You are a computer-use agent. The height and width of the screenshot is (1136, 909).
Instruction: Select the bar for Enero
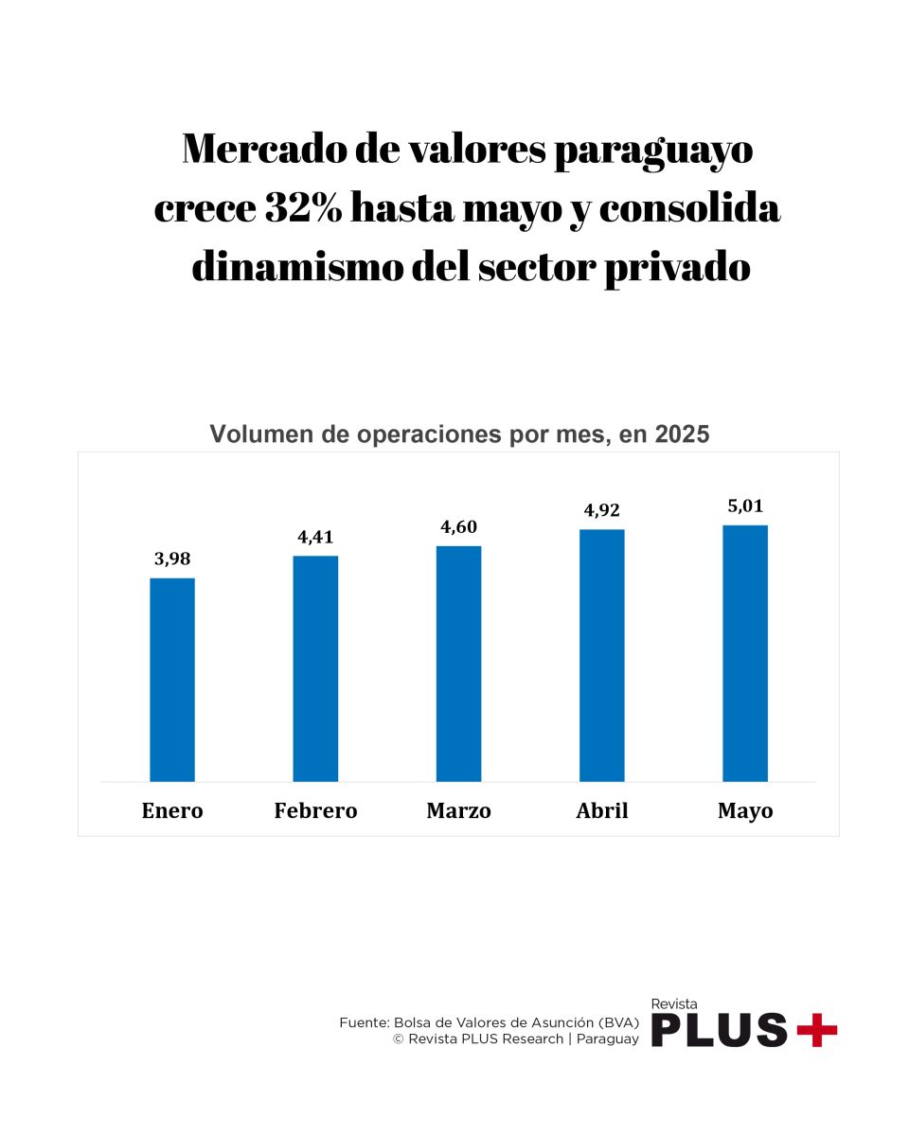coord(172,680)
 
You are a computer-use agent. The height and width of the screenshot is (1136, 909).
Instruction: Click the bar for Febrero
coord(315,668)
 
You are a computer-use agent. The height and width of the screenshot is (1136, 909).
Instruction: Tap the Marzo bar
coord(458,664)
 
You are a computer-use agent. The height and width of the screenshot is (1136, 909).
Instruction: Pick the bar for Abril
coord(602,655)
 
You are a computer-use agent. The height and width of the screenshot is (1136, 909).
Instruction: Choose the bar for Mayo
coord(745,653)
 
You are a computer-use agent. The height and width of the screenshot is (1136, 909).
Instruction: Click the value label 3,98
coord(172,559)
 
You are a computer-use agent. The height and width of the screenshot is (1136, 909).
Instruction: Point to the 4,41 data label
coord(315,537)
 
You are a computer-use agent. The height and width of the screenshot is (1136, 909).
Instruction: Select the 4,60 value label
coord(458,527)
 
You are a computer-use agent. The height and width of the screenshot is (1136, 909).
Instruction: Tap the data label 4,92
coord(602,510)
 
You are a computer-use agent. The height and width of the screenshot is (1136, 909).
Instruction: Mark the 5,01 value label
coord(745,506)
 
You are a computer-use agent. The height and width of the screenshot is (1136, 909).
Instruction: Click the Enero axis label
coord(172,811)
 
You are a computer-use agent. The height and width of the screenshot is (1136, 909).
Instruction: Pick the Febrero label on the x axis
coord(315,811)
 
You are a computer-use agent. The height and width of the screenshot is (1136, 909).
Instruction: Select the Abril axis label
coord(602,811)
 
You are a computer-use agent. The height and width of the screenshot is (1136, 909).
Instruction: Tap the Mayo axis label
coord(745,811)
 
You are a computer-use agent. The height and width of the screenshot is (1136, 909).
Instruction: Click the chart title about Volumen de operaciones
coord(459,435)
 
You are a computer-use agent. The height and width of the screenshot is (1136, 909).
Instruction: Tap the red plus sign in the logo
coord(816,1029)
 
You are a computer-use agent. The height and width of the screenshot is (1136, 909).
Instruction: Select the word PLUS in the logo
coord(720,1030)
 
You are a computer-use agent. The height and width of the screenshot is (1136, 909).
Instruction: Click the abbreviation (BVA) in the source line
coord(618,1022)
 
